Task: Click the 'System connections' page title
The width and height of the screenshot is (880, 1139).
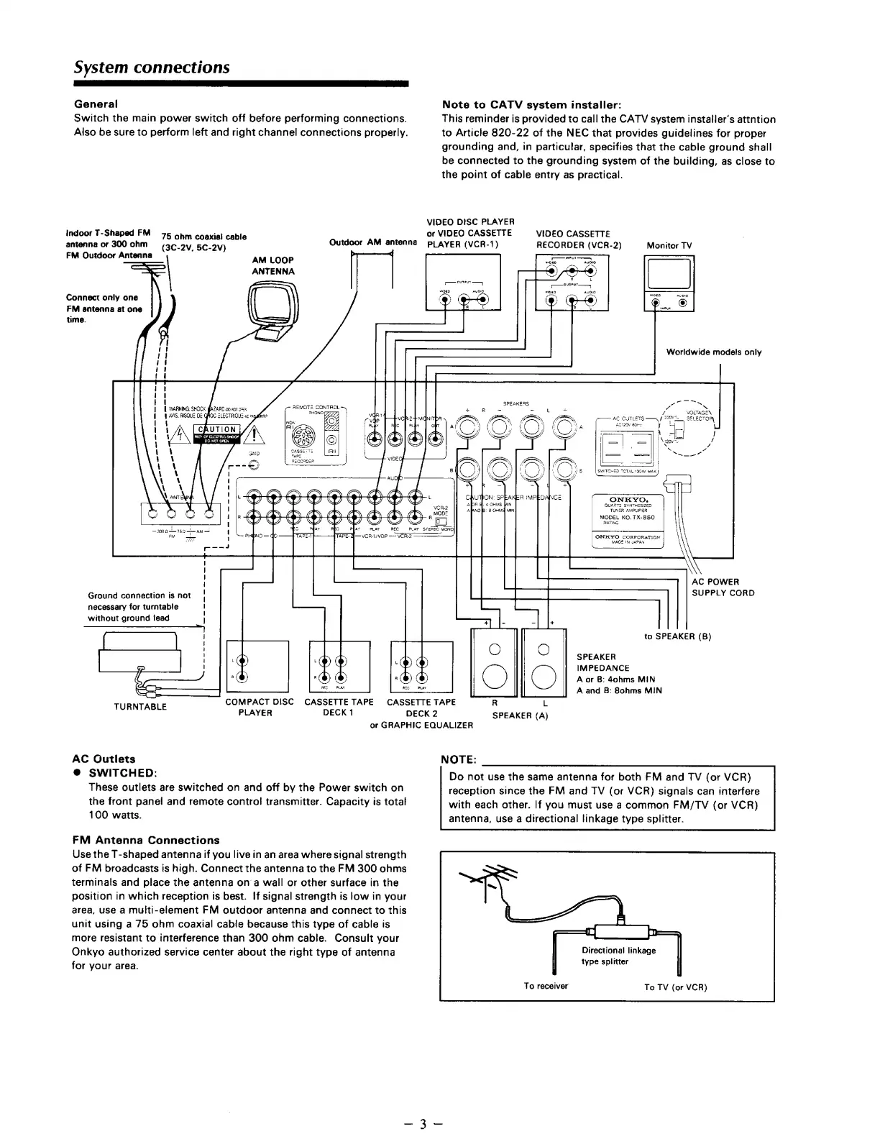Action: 152,67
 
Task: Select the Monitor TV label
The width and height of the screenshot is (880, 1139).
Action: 669,245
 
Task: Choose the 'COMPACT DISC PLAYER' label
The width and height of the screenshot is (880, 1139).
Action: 259,707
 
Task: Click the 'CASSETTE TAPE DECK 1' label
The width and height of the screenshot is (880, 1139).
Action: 339,707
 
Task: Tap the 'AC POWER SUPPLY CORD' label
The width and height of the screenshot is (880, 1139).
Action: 723,587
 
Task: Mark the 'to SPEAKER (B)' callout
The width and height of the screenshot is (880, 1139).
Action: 678,636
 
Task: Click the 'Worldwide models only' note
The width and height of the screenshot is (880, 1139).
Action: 713,352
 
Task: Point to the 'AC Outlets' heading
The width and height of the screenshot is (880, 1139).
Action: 104,759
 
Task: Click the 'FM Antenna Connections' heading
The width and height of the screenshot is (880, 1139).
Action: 146,840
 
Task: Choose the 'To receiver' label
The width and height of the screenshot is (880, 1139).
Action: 546,986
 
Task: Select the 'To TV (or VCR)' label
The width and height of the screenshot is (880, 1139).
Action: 675,987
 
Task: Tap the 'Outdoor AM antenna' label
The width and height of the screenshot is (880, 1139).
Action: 372,242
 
